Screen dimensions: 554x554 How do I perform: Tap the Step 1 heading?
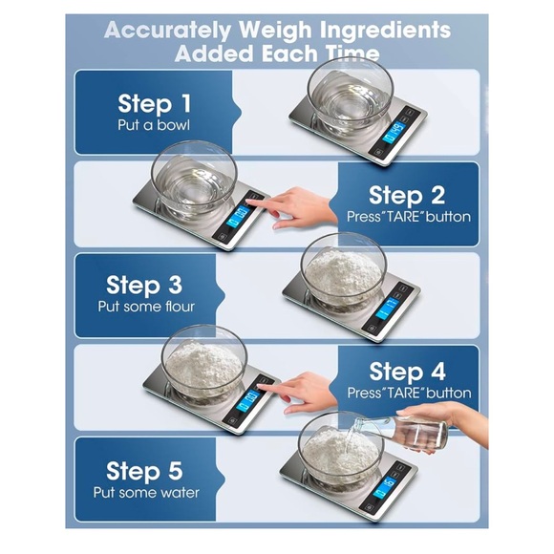point(154,103)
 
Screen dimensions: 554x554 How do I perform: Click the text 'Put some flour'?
point(145,307)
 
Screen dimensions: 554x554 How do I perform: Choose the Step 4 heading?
point(407,371)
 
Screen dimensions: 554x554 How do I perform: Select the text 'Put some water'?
point(145,493)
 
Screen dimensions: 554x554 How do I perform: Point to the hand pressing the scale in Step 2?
point(303,205)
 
